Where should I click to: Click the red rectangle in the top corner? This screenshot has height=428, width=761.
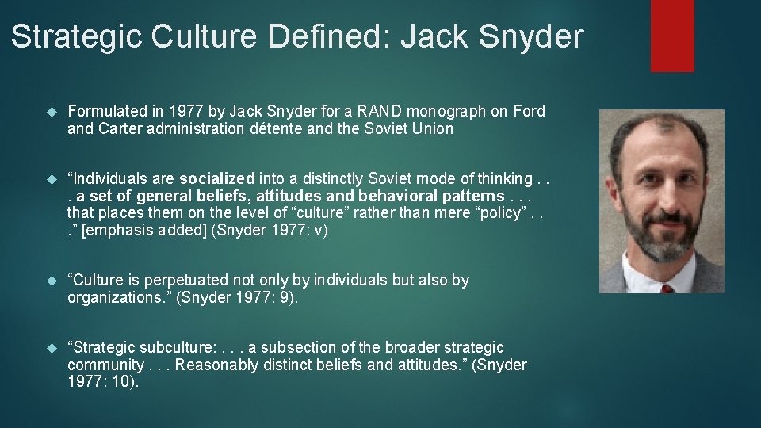click(x=672, y=36)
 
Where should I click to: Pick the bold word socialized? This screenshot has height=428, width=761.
click(x=217, y=178)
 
